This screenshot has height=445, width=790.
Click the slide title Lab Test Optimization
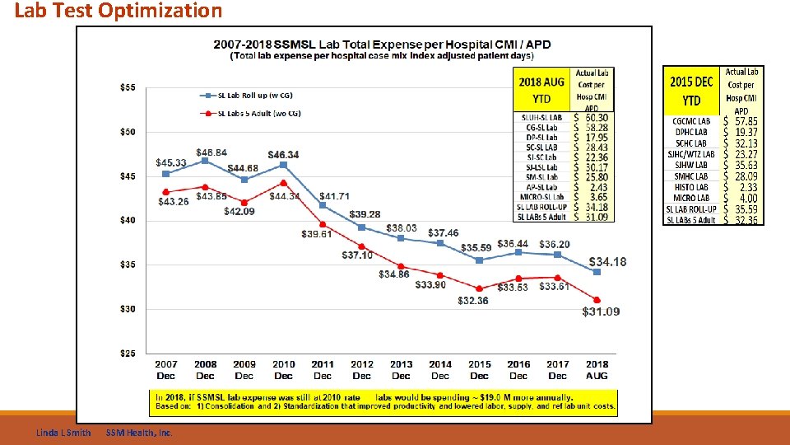point(118,11)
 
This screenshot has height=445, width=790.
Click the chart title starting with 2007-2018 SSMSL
point(382,44)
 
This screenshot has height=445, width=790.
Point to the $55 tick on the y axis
point(128,87)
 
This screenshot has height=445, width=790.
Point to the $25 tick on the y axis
point(128,354)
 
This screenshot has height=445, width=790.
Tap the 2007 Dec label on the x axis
point(165,370)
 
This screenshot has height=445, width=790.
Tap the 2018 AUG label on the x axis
point(597,370)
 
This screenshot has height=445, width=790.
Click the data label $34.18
point(606,262)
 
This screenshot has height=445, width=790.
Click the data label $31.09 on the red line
point(601,311)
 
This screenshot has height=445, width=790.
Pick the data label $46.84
point(211,152)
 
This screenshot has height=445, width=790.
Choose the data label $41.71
point(334,196)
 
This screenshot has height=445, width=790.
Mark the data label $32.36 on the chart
point(473,301)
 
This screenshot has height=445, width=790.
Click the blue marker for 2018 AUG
point(597,271)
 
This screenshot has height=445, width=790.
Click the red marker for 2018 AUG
point(597,300)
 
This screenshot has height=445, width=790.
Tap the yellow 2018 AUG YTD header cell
point(541,90)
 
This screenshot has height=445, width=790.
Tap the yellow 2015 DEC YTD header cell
point(691,91)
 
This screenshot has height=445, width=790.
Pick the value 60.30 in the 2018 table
point(597,118)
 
